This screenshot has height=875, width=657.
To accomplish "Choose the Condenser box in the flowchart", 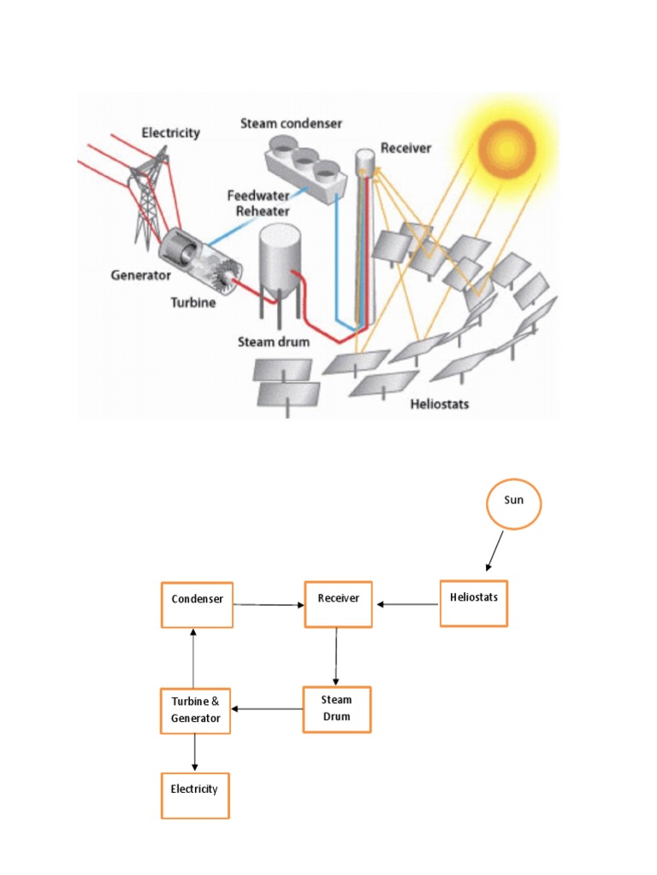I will [198, 604].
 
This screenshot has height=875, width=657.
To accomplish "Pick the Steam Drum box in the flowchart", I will [337, 709].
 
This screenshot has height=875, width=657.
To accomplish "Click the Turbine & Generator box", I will [195, 710].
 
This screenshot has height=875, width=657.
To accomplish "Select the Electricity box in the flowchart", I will [195, 795].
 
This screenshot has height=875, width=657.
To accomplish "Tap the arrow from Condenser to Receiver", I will [269, 605].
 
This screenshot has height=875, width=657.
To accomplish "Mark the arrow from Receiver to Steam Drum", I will [336, 656].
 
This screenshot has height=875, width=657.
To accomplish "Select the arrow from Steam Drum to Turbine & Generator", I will [268, 708].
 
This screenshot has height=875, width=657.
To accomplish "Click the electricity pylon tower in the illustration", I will [146, 197].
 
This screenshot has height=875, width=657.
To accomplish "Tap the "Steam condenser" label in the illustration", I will [291, 124].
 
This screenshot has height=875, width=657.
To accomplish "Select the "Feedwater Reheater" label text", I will [257, 203].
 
